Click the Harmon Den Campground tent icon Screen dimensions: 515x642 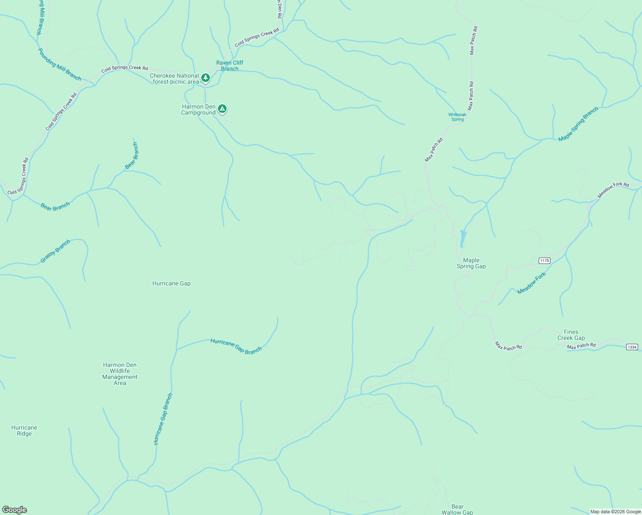pyautogui.click(x=222, y=109)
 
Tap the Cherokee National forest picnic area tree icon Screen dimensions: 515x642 pyautogui.click(x=206, y=78)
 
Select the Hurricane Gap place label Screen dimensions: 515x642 pyautogui.click(x=171, y=283)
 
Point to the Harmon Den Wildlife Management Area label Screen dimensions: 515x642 pyautogui.click(x=120, y=374)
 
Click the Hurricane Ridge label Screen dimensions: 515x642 pyautogui.click(x=24, y=430)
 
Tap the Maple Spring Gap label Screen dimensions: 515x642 pyautogui.click(x=471, y=263)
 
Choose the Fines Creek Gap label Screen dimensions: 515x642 pyautogui.click(x=571, y=335)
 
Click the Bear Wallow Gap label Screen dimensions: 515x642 pyautogui.click(x=457, y=509)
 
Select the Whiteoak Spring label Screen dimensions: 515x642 pyautogui.click(x=457, y=117)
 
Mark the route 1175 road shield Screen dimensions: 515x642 pyautogui.click(x=545, y=261)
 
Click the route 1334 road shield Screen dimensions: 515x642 pyautogui.click(x=632, y=347)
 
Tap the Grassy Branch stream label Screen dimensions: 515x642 pyautogui.click(x=55, y=251)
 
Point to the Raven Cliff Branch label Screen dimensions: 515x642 pyautogui.click(x=230, y=65)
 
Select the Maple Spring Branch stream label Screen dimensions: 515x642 pyautogui.click(x=578, y=124)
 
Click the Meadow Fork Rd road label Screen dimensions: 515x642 pyautogui.click(x=613, y=190)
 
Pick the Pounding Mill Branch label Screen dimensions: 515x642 pyautogui.click(x=59, y=64)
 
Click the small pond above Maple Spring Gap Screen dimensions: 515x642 pyautogui.click(x=463, y=238)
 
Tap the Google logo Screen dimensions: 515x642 pyautogui.click(x=15, y=509)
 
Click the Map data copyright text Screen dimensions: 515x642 pyautogui.click(x=615, y=512)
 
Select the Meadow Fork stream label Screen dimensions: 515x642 pyautogui.click(x=531, y=283)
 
